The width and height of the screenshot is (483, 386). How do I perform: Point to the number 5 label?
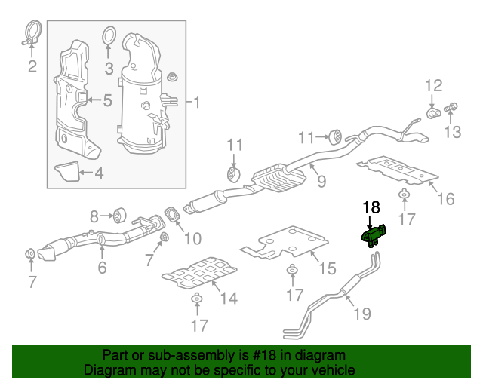tap(107, 100)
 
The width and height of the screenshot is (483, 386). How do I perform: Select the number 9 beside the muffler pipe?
tap(321, 181)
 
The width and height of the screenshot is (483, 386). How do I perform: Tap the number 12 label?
tap(432, 84)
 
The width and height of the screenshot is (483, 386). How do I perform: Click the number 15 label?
tap(327, 268)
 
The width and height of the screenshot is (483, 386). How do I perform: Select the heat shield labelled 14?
tap(200, 274)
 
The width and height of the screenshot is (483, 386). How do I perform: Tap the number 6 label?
tap(102, 267)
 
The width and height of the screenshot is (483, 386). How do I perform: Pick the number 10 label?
tap(192, 238)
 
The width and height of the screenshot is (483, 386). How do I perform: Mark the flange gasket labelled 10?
tap(172, 214)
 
